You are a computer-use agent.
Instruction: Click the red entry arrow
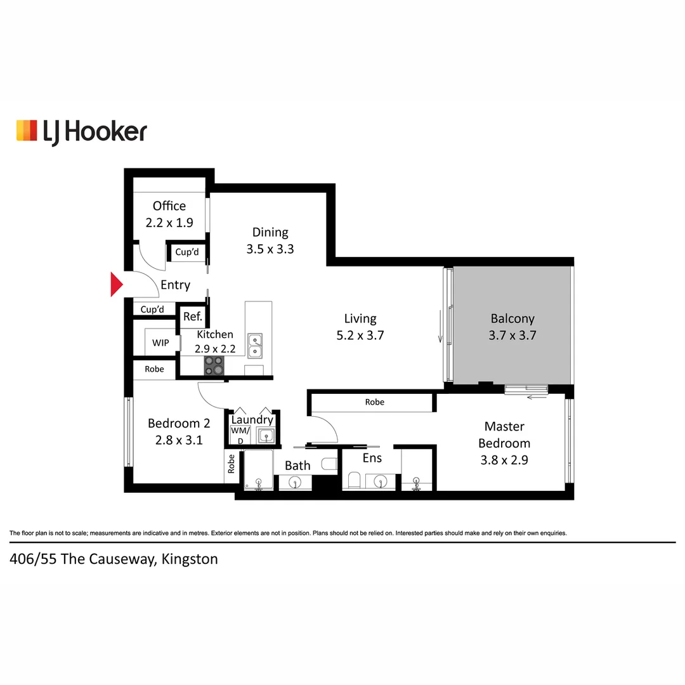(x=116, y=284)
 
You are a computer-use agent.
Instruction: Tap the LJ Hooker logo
(x=81, y=131)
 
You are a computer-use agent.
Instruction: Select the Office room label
(x=169, y=206)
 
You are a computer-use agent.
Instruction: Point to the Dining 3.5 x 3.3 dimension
(x=270, y=249)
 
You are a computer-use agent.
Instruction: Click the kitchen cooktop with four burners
(x=214, y=365)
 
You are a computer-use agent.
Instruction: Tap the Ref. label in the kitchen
(x=192, y=317)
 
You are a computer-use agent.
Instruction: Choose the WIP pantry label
(x=160, y=343)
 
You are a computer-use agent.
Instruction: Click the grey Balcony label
(x=512, y=319)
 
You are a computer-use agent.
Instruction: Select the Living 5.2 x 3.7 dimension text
(x=360, y=336)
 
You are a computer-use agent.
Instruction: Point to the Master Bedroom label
(x=504, y=434)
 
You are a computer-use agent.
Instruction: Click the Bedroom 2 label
(x=179, y=423)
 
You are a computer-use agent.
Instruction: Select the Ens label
(x=372, y=458)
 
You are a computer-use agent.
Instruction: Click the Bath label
(x=297, y=466)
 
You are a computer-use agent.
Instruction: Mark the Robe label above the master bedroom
(x=374, y=402)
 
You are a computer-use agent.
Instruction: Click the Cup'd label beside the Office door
(x=187, y=252)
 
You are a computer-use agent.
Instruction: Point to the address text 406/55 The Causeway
(x=114, y=559)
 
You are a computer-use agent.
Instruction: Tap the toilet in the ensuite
(x=355, y=479)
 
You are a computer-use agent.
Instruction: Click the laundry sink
(x=267, y=435)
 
